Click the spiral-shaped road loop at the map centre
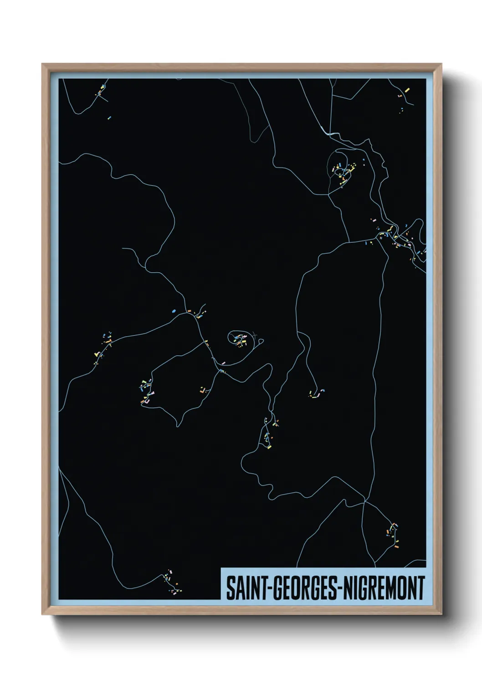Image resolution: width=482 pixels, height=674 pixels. (238, 337)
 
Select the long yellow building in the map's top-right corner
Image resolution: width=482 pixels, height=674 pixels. (407, 91)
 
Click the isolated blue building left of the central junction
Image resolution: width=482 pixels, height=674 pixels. (174, 311)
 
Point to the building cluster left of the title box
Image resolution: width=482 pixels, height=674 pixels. (173, 582)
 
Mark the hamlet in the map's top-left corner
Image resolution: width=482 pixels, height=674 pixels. (101, 91)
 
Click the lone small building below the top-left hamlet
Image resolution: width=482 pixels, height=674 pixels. (109, 117)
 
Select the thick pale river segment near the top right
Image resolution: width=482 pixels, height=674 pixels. (330, 133)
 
